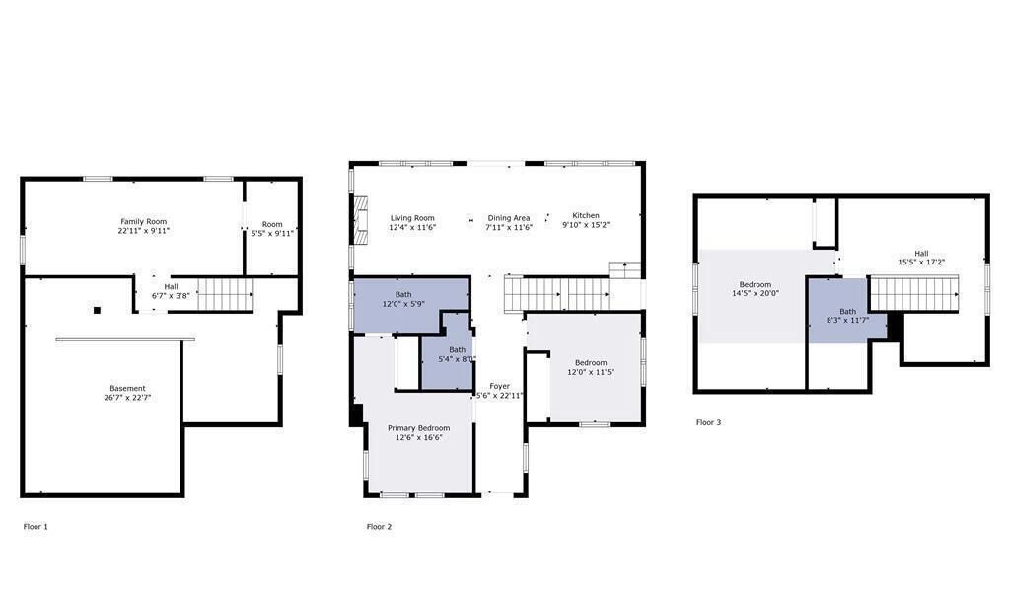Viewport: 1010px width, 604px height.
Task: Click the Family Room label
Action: tap(144, 222)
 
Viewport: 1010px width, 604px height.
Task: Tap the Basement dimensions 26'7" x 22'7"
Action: tap(127, 398)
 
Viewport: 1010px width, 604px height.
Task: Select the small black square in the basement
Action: tap(98, 310)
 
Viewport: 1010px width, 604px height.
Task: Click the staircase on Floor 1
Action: tap(225, 294)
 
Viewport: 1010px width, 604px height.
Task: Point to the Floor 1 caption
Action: tap(36, 527)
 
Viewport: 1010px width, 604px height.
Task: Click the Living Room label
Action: tap(412, 218)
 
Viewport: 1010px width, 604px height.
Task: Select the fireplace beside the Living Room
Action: tap(361, 220)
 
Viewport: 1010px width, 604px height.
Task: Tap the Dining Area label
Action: tap(509, 218)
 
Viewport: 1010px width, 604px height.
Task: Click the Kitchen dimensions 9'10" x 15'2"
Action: tap(586, 225)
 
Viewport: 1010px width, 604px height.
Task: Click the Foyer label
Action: tap(500, 386)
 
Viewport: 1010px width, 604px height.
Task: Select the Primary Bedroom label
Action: tap(418, 428)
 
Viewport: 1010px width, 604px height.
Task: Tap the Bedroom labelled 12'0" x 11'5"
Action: tap(591, 367)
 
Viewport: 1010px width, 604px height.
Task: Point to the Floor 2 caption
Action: tap(379, 527)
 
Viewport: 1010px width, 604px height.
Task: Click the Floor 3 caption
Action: tap(708, 422)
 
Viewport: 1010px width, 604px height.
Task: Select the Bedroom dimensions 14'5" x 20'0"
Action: tap(756, 293)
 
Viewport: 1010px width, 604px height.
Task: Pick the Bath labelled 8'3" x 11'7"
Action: tap(847, 316)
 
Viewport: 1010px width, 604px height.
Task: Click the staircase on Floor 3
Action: tap(914, 294)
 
